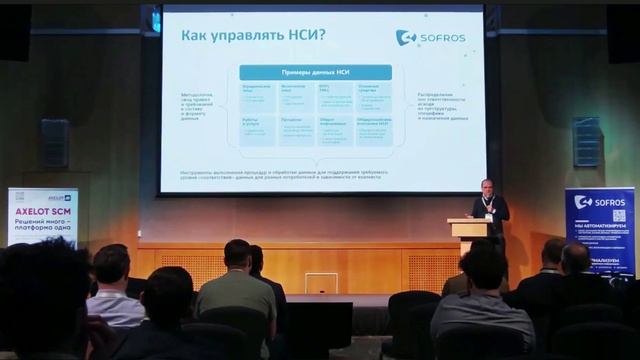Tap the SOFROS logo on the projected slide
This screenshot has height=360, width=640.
[x=432, y=37]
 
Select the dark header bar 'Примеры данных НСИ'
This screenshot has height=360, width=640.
[x=315, y=73]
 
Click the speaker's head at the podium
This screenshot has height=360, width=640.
[x=486, y=187]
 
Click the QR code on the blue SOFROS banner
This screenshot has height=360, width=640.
[x=618, y=215]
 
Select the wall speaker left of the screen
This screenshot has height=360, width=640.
[x=55, y=142]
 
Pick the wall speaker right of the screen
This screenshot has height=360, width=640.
[x=587, y=141]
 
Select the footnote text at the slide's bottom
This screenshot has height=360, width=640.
[x=314, y=174]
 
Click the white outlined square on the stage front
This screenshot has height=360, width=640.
[x=321, y=283]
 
